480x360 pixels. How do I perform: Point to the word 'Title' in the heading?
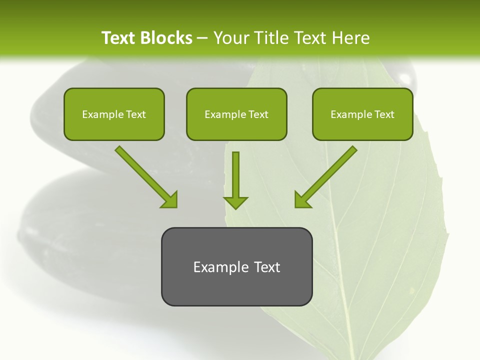pos(269,38)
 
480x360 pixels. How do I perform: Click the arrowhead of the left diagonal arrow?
pos(170,200)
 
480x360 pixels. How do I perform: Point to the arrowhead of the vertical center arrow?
pos(235,202)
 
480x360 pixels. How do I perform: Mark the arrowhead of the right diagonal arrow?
pos(302,200)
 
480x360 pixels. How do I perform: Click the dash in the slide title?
pos(202,38)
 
